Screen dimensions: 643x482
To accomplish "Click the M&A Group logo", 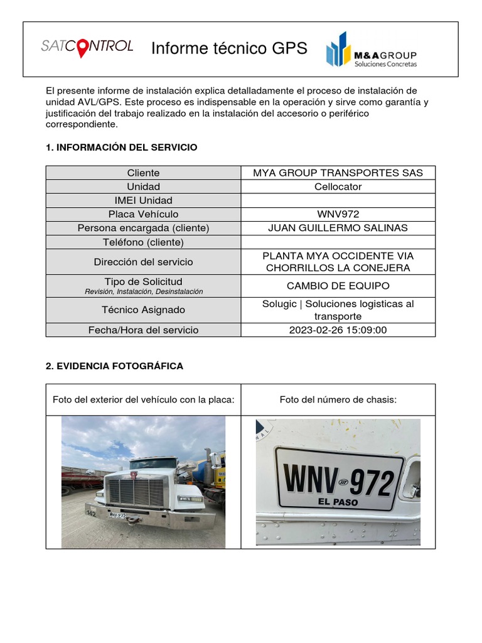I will tap(372, 50).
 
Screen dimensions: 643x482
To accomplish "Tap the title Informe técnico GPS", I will tap(229, 48).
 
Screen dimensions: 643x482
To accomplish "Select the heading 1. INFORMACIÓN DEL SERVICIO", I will tap(122, 148).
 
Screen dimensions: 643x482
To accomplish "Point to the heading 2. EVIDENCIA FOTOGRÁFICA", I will tap(114, 366).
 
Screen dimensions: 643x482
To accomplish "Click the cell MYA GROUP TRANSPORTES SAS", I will tap(338, 173).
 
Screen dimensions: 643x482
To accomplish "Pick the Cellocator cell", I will tap(338, 186).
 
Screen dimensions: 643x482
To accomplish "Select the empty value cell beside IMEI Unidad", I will tap(338, 200).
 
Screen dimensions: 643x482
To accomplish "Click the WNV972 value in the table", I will tap(338, 214).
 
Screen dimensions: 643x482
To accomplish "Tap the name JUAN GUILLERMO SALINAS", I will tap(338, 228).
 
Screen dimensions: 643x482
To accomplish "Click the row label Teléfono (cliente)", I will tap(143, 242).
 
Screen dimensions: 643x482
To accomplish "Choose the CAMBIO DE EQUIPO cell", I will tap(338, 286).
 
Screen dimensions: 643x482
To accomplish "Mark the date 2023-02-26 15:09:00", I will tap(338, 330).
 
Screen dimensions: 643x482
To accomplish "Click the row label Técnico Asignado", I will tap(143, 310).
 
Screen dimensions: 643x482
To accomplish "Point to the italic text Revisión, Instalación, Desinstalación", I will tap(143, 292).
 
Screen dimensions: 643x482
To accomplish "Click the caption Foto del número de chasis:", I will tap(338, 399).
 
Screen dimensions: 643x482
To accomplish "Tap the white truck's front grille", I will tap(136, 490).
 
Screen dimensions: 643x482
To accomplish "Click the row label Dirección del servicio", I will tap(143, 262).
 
